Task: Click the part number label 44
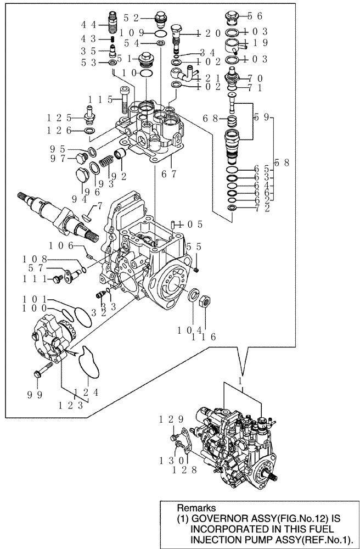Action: coord(89,25)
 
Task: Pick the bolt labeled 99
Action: coord(42,374)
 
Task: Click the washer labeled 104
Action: coord(194,297)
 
